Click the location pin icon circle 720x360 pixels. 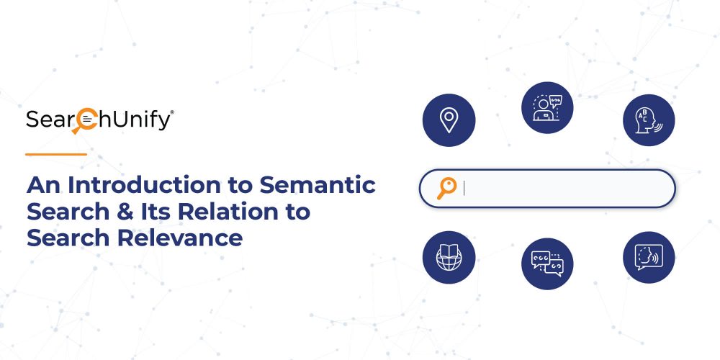pos(449,120)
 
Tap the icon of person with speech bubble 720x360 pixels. pos(547,107)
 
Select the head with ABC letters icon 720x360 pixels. pos(649,120)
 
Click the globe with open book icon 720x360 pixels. pos(449,257)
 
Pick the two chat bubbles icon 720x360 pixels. pos(547,264)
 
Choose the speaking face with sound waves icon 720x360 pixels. pos(649,257)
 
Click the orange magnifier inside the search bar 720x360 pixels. pos(446,188)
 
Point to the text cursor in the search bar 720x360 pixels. pos(464,188)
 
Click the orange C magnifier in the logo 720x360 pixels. pos(84,121)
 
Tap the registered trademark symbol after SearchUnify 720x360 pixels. pos(172,112)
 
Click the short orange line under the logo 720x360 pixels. pos(56,154)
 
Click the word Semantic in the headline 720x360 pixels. pos(318,185)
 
